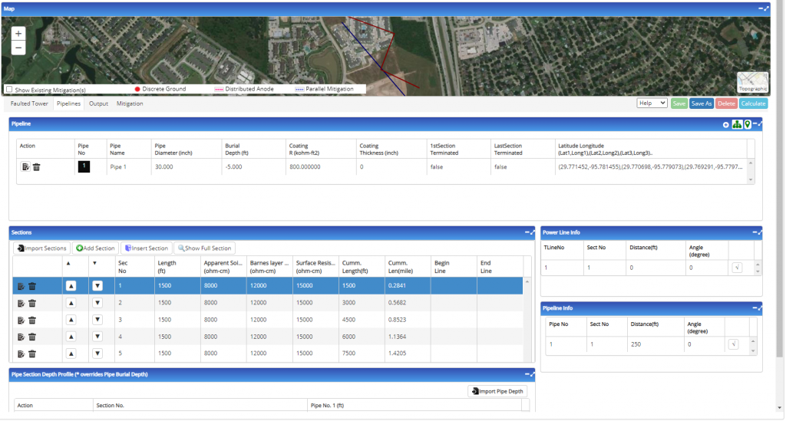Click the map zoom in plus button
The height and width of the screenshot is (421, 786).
pyautogui.click(x=18, y=34)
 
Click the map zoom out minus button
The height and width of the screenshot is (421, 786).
pyautogui.click(x=18, y=48)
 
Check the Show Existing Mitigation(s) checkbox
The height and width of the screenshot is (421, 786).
pyautogui.click(x=9, y=89)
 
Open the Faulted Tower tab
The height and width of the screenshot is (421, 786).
pyautogui.click(x=30, y=104)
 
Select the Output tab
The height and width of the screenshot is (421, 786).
pyautogui.click(x=98, y=104)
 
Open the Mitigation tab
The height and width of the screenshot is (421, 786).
pyautogui.click(x=130, y=104)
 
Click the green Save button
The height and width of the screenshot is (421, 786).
pyautogui.click(x=679, y=104)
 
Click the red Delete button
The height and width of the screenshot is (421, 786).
pyautogui.click(x=726, y=104)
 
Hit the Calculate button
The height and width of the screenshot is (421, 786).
pyautogui.click(x=754, y=104)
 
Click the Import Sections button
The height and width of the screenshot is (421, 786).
pyautogui.click(x=41, y=248)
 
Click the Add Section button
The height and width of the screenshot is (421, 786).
pyautogui.click(x=95, y=248)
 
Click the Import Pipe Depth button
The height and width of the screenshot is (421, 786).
pyautogui.click(x=497, y=392)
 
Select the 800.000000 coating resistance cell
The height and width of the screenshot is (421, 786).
pyautogui.click(x=305, y=166)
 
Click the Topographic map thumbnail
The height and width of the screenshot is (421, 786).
pyautogui.click(x=752, y=82)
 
